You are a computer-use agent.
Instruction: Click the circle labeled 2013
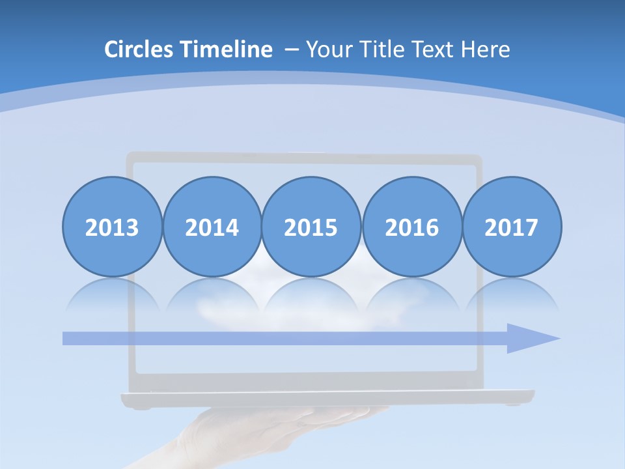coord(112,227)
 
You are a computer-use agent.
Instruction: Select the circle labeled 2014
coord(212,227)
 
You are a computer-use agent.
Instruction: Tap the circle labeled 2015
coord(311,227)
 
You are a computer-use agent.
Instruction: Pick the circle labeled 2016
coord(412,227)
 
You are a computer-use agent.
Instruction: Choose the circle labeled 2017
coord(512,227)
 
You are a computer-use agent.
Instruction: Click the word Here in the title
coord(486,50)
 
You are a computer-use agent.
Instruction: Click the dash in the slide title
coord(292,50)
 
